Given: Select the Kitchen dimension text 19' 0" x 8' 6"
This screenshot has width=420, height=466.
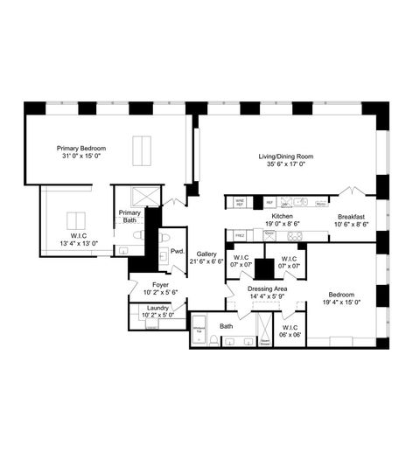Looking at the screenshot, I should pos(282,224).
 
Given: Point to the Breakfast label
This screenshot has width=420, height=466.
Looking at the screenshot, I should pos(352,216).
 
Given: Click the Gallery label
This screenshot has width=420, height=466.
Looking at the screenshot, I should pos(206,254).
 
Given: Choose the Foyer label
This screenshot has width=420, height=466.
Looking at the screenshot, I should pos(160,285).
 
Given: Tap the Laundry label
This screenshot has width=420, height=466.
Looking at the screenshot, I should pos(158,308).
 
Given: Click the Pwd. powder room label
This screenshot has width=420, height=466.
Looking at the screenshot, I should pos(177,251).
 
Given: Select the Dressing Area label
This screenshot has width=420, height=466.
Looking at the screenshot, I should pos(268,288).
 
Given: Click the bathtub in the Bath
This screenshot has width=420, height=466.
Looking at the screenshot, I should pos(199,331).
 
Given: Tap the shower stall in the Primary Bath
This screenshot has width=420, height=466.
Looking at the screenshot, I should pos(143,196).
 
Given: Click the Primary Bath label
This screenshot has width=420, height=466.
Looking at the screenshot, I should pos(129,217).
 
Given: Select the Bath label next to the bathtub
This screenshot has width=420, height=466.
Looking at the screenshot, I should pos(226,327).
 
